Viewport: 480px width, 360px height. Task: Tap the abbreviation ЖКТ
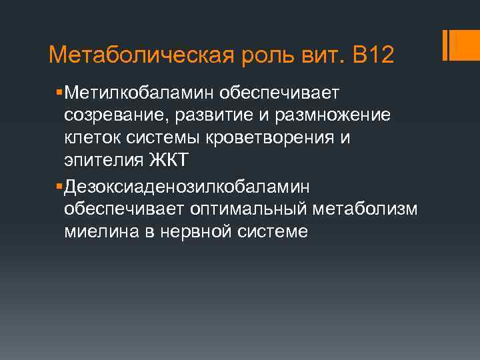pyautogui.click(x=171, y=161)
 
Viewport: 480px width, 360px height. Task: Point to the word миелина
pyautogui.click(x=96, y=232)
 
